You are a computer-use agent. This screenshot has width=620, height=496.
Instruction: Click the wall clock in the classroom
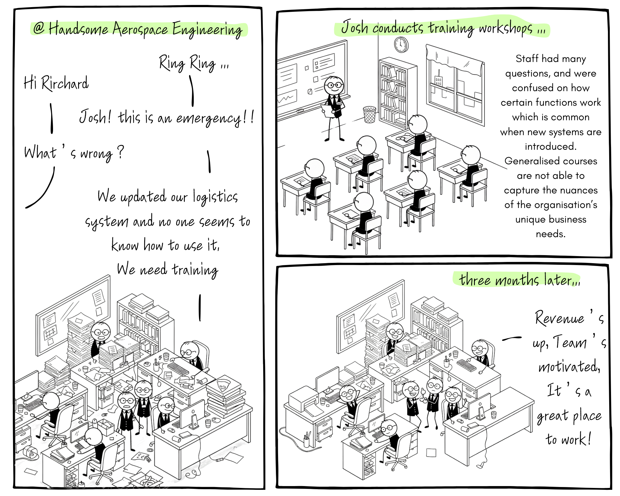pos(401,45)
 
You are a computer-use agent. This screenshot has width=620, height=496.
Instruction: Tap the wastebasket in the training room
pos(370,115)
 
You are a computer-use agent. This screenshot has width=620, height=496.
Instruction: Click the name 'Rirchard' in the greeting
pos(65,83)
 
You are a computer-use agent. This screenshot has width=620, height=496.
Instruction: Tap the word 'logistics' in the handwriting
pos(215,197)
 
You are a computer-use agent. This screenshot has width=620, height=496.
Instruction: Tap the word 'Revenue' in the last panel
pos(559,318)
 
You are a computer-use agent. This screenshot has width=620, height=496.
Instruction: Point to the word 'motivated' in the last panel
pos(569,367)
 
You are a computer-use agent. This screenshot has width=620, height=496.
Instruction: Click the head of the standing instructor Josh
pos(334,85)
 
